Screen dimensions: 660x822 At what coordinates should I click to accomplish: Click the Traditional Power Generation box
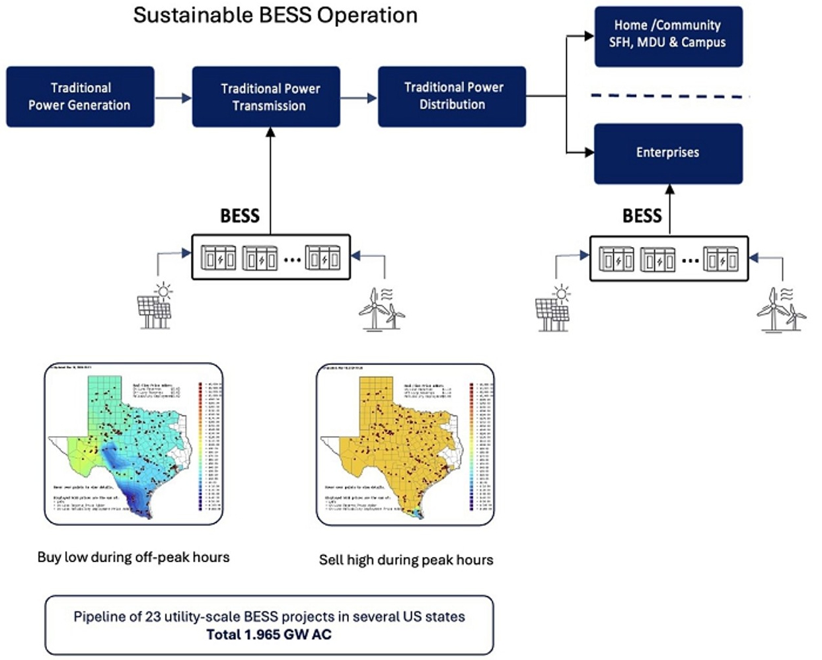(80, 96)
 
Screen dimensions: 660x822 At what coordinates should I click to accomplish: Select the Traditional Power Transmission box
(266, 96)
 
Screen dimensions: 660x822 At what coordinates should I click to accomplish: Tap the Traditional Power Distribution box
(452, 96)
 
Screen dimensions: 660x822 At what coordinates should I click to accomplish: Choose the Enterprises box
(668, 153)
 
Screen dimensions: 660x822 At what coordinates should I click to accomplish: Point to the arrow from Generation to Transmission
(173, 98)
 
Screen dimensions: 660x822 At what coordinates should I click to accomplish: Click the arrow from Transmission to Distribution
(359, 98)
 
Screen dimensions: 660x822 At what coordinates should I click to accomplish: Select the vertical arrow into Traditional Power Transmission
(270, 178)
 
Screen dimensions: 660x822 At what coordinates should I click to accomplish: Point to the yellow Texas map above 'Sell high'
(405, 444)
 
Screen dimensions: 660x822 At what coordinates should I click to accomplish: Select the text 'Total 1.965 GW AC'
(269, 635)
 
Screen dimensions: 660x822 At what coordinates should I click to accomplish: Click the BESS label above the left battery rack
(239, 216)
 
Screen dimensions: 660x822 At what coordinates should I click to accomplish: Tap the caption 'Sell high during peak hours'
(406, 560)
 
